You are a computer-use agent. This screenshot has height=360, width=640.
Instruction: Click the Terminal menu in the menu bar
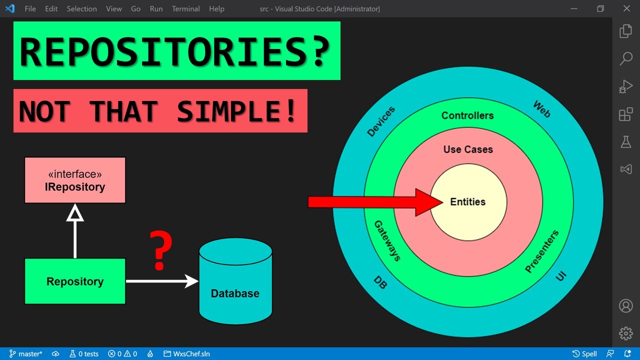click(x=185, y=9)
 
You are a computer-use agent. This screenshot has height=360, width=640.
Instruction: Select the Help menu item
click(x=216, y=9)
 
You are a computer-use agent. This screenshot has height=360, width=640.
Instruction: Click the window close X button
click(x=626, y=9)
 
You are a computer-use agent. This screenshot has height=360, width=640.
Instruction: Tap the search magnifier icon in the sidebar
click(x=626, y=58)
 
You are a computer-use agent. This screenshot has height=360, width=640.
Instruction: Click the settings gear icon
click(x=625, y=333)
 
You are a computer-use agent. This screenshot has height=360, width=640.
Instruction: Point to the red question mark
click(x=161, y=250)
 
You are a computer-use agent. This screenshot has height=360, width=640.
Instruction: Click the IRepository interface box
click(x=75, y=180)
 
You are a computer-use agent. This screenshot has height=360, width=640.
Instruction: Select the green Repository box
click(x=75, y=281)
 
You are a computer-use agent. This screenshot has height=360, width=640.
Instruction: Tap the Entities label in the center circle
click(x=468, y=202)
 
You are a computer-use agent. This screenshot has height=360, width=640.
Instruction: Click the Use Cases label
click(x=468, y=149)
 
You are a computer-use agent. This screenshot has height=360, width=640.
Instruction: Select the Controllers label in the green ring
click(x=467, y=115)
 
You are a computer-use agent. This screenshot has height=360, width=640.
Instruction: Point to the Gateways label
click(x=387, y=240)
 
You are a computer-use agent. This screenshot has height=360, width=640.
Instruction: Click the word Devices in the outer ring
click(x=381, y=121)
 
